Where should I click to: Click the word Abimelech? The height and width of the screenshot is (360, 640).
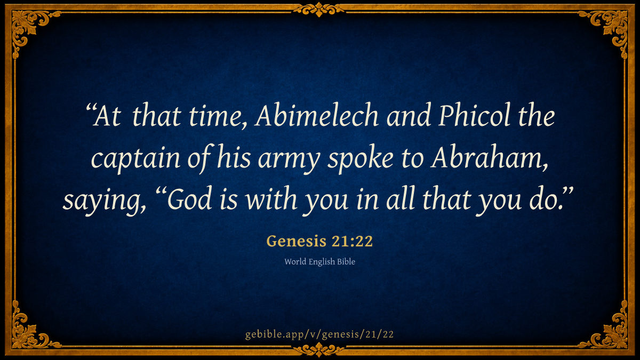pos(317,115)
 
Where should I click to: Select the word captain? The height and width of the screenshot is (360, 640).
pos(135,159)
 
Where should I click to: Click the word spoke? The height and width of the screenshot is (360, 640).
pos(361,159)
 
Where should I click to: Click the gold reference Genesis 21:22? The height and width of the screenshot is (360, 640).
pos(319,241)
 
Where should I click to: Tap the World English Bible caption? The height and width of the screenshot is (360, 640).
pos(319,262)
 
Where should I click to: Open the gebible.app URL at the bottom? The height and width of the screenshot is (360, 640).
pos(319,334)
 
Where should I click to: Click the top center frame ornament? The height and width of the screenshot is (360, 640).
pos(319,10)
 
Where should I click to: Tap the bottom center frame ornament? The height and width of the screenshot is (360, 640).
pos(319,350)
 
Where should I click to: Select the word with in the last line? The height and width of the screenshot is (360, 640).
pos(271,198)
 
